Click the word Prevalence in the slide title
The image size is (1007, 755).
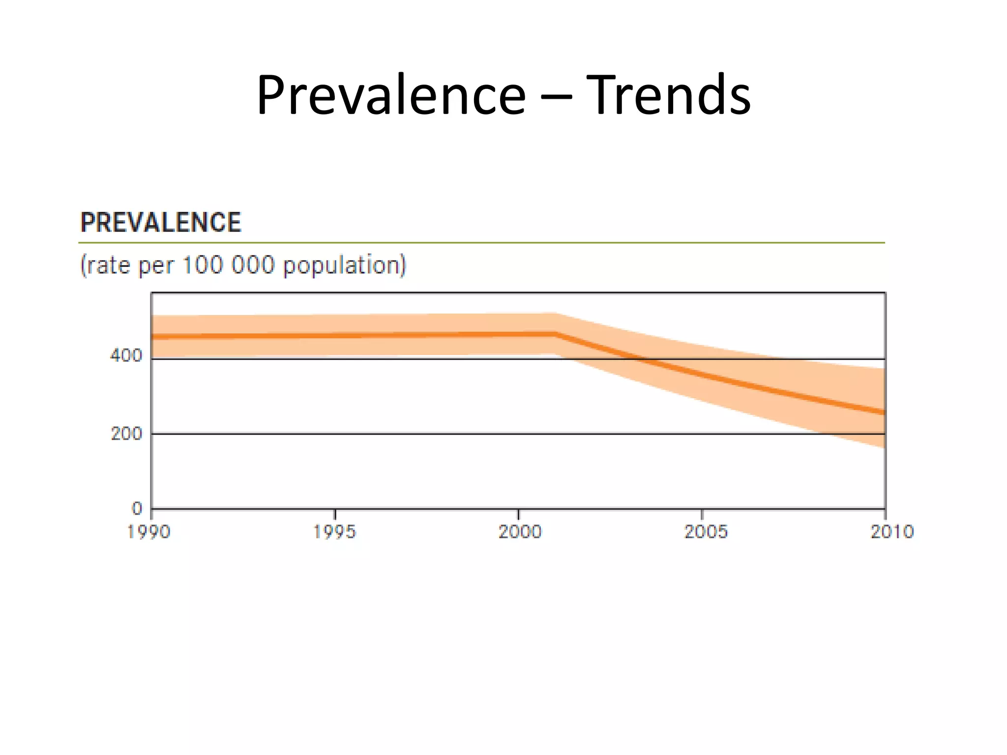[x=391, y=94]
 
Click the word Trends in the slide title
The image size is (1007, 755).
[x=668, y=94]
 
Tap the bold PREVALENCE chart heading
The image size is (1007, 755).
[x=161, y=222]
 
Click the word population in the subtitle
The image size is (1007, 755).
[x=344, y=265]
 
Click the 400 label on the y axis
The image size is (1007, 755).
[x=126, y=355]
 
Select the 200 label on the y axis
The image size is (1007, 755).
[x=126, y=434]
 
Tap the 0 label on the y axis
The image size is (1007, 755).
[x=137, y=508]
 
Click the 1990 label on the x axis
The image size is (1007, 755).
[x=148, y=532]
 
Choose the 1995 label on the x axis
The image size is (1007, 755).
[x=334, y=532]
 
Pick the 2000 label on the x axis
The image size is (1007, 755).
[x=520, y=532]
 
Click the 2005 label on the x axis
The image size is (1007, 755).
[x=706, y=532]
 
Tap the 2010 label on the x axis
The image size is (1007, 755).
[x=891, y=532]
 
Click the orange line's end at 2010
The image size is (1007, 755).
[x=884, y=412]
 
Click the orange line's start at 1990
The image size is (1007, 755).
[x=153, y=337]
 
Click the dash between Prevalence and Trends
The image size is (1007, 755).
[x=556, y=96]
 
